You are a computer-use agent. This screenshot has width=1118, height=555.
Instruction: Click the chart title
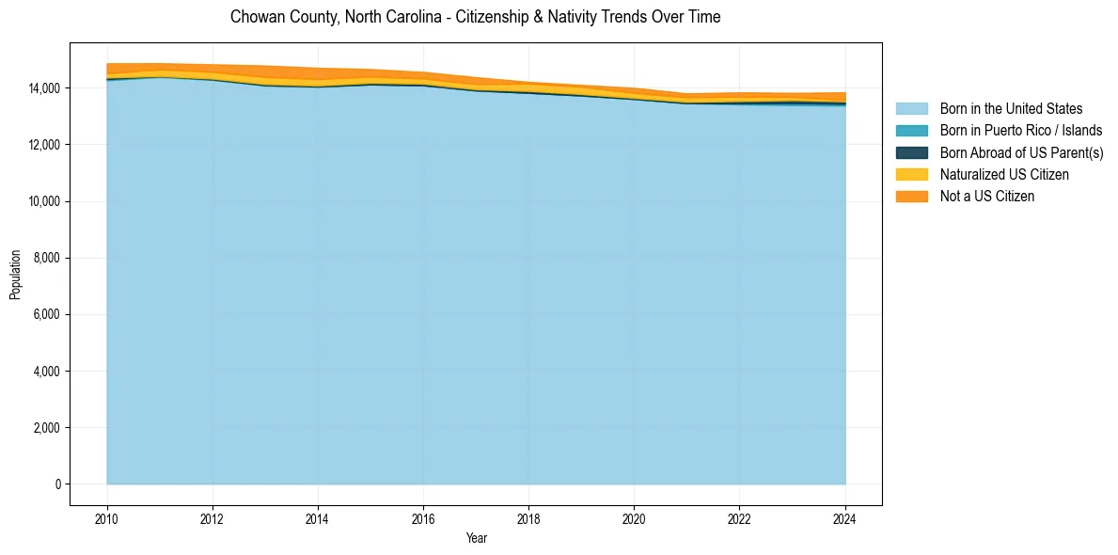tap(475, 17)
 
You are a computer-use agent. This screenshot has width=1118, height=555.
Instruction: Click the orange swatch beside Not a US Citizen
tap(911, 197)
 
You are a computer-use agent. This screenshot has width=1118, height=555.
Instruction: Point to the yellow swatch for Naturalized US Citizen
tap(911, 174)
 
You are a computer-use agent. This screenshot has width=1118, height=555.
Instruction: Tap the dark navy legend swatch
tap(911, 152)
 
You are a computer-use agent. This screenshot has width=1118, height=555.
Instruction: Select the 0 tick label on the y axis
tap(58, 484)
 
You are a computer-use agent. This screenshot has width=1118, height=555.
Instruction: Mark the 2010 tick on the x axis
tap(107, 518)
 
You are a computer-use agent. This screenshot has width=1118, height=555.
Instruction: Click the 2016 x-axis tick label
tap(423, 518)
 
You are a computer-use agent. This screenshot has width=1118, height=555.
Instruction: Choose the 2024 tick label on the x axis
tap(845, 518)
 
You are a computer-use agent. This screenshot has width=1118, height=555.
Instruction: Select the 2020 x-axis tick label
tap(635, 518)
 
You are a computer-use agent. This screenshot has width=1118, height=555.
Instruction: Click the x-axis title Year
tap(477, 538)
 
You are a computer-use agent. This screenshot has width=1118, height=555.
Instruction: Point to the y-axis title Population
tap(15, 275)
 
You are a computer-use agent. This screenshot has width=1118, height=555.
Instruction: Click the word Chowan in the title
tap(255, 17)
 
